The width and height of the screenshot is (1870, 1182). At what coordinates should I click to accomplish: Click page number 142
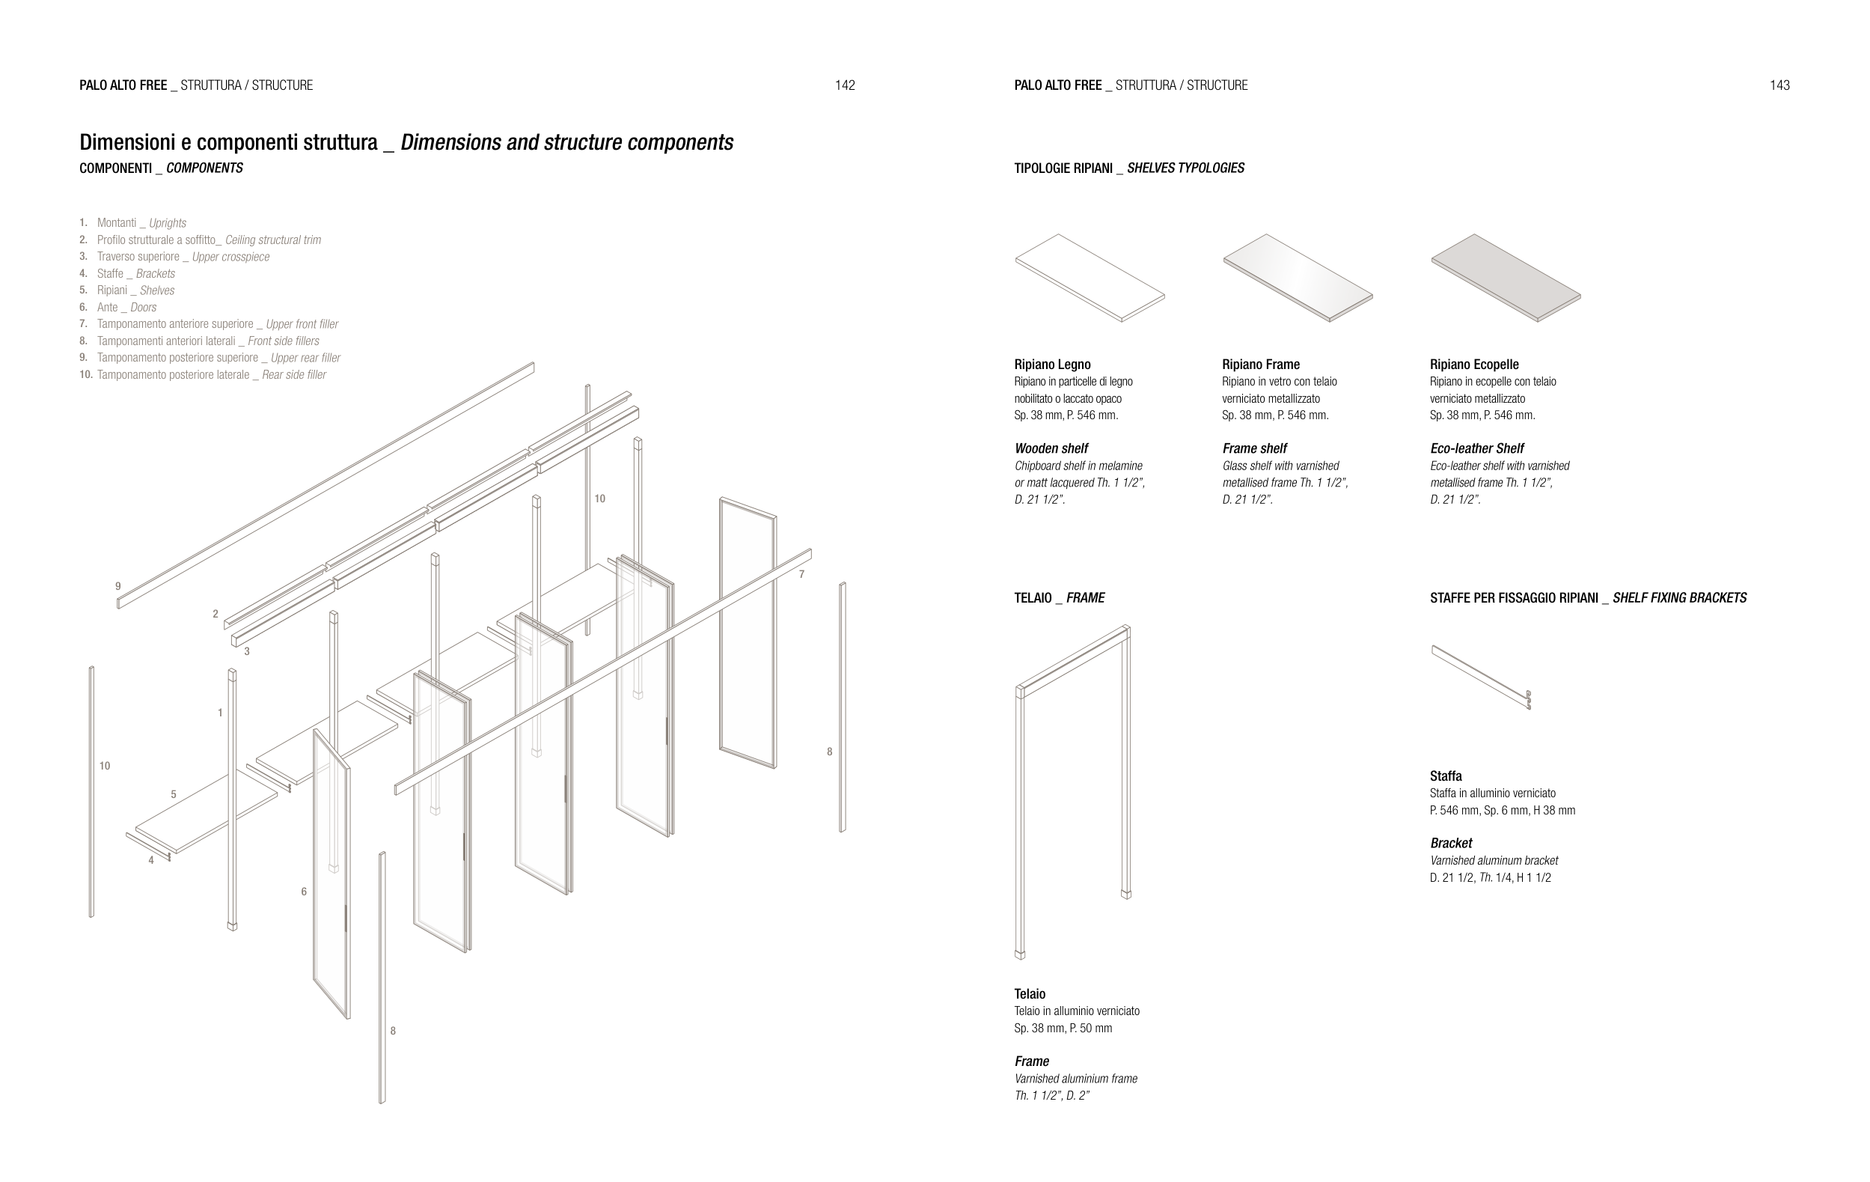click(845, 85)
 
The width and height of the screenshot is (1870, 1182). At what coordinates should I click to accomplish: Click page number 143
click(1780, 85)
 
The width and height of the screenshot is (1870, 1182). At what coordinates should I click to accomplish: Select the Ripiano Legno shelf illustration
click(1090, 277)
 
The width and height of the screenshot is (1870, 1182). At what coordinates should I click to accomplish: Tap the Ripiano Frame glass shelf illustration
click(1298, 277)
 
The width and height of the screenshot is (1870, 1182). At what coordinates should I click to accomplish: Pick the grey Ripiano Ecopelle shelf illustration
click(1506, 277)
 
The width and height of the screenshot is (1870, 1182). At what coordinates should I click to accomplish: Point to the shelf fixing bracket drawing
click(1481, 677)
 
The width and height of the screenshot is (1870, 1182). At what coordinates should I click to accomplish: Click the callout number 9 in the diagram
click(118, 586)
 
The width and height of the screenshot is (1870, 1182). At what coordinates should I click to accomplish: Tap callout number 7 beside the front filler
click(801, 575)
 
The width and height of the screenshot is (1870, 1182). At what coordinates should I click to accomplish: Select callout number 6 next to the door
click(304, 892)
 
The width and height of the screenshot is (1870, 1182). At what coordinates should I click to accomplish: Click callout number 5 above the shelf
click(173, 794)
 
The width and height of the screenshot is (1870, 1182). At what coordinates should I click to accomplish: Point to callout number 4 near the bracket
click(151, 859)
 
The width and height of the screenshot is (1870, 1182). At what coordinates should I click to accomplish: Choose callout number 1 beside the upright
click(221, 713)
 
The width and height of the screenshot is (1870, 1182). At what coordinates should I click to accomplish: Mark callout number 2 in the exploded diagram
click(215, 615)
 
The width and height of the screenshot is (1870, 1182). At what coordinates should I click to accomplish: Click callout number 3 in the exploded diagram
click(247, 651)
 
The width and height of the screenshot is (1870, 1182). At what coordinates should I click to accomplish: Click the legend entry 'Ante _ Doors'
click(126, 308)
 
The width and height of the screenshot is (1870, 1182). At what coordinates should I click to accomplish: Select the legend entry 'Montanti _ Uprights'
click(141, 224)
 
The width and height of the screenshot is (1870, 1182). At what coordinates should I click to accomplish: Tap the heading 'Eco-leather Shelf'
click(1477, 449)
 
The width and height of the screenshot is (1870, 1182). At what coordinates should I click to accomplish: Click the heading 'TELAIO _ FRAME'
click(1060, 598)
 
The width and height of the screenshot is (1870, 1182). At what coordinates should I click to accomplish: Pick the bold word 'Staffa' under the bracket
click(1446, 776)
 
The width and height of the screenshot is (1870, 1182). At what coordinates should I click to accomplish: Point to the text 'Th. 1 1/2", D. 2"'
click(1052, 1096)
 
